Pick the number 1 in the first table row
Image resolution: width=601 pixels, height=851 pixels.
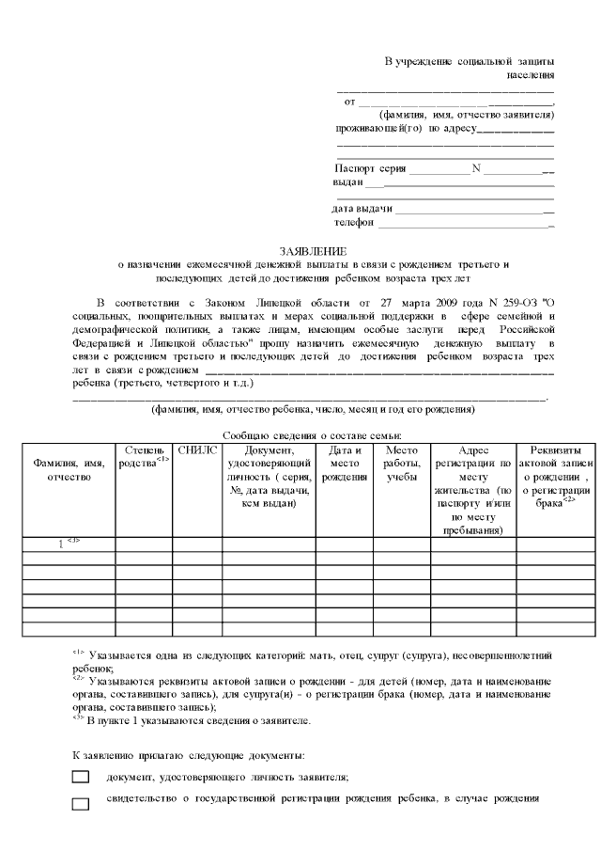(x=62, y=516)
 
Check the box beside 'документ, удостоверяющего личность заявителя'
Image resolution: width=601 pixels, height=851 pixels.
(x=81, y=777)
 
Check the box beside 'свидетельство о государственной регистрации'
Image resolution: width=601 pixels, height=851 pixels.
(x=81, y=802)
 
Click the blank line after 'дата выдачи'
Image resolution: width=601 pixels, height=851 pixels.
(x=474, y=209)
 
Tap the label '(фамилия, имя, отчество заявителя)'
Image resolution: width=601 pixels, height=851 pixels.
(x=459, y=115)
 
